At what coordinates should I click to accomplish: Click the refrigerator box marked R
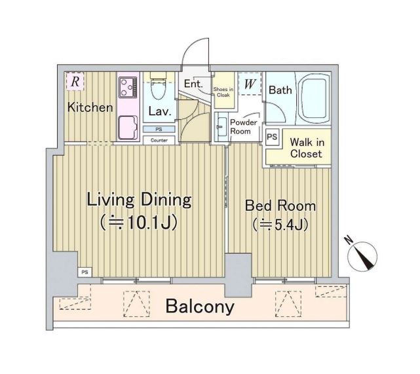point(75,81)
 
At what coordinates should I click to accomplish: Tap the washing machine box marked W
point(250,84)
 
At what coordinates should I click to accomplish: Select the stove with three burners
point(128,88)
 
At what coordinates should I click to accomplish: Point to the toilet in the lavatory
point(159,86)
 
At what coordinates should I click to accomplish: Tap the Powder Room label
point(243,127)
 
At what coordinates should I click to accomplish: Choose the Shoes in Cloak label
point(223,92)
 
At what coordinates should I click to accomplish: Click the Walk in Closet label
point(307,148)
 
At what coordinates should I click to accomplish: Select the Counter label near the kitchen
point(159,140)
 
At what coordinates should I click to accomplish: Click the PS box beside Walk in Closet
point(272,137)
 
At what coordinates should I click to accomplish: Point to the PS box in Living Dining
point(85,272)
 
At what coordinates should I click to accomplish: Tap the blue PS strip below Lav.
point(159,129)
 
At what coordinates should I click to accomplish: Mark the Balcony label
point(200,307)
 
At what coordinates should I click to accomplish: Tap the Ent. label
point(193,84)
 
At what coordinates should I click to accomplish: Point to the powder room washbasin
point(220,126)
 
